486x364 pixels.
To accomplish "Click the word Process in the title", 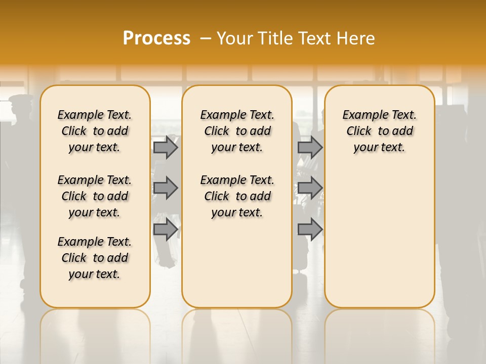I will click(156, 38).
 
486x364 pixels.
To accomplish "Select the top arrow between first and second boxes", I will click(166, 147).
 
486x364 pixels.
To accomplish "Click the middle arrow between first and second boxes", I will click(166, 188).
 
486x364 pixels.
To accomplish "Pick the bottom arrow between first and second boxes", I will click(166, 230).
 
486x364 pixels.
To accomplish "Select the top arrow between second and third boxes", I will click(310, 147).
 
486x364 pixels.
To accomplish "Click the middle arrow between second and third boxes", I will click(310, 188).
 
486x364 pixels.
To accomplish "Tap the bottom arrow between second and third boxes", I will click(310, 230).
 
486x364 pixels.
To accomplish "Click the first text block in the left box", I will click(95, 131).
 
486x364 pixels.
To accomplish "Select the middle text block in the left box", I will click(95, 196).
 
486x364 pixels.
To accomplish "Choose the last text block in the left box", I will click(95, 258).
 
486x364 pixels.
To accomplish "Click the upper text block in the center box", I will click(237, 131).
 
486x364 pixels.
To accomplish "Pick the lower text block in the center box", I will click(237, 196).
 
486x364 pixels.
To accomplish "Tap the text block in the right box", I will click(379, 131).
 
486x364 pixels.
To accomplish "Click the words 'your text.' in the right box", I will click(379, 148).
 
